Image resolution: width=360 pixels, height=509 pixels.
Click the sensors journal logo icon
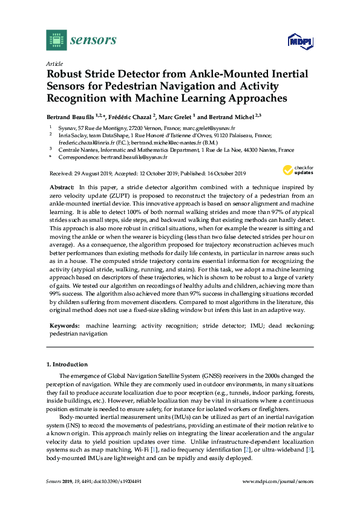[56, 40]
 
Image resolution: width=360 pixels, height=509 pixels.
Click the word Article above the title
[54, 63]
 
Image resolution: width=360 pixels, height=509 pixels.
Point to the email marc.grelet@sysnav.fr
[200, 128]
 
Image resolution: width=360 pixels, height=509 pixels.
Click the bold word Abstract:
[63, 189]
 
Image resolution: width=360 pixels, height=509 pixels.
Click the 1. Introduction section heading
[67, 365]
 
